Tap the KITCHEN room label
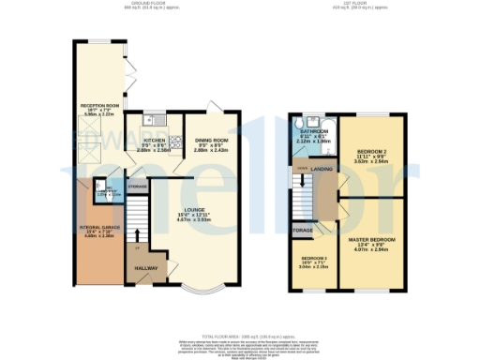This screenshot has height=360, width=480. (x=156, y=142)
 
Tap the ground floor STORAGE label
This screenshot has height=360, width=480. (x=138, y=187)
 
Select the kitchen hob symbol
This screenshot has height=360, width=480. (x=175, y=142)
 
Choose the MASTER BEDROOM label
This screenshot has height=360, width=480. (x=372, y=241)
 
